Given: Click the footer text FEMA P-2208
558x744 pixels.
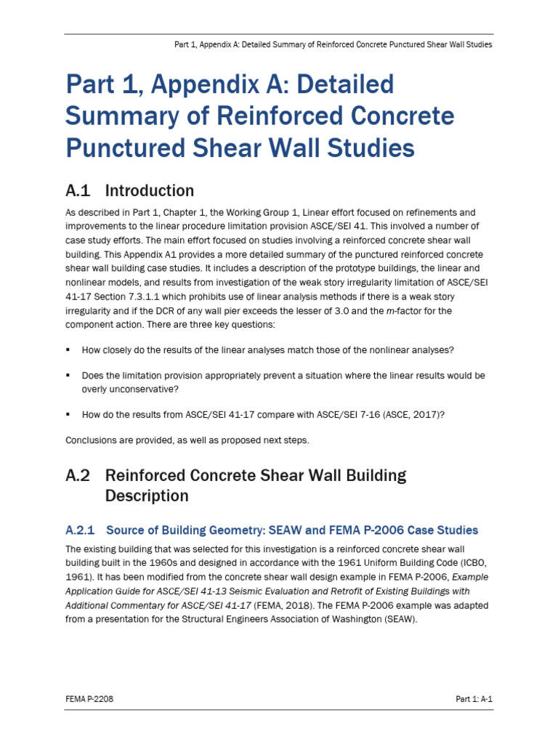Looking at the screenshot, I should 89,699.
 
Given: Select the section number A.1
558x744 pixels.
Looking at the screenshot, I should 78,191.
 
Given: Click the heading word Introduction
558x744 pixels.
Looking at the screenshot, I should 150,191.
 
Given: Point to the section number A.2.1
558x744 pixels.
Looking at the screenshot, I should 81,530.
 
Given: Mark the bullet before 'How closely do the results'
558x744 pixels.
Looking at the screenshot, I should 68,350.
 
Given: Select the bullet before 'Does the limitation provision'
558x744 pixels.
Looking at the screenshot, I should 68,376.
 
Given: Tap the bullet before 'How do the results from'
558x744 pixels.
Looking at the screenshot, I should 68,414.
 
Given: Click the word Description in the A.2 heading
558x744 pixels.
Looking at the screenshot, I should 147,496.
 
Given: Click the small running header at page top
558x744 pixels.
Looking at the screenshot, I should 333,44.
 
